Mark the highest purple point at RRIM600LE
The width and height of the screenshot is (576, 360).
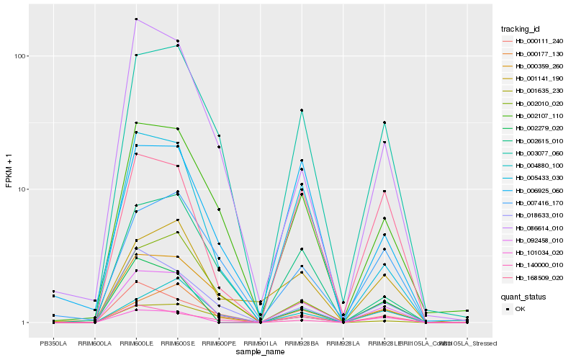point(136,19)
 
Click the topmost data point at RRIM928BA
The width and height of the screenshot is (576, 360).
point(302,110)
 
